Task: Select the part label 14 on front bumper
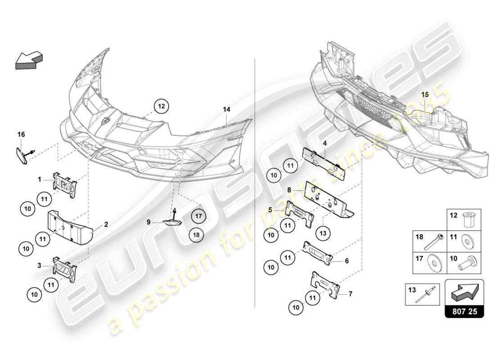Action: tap(226, 109)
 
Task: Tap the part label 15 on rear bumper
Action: tap(425, 94)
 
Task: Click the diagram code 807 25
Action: tap(464, 311)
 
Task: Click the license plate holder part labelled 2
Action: tap(70, 227)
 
